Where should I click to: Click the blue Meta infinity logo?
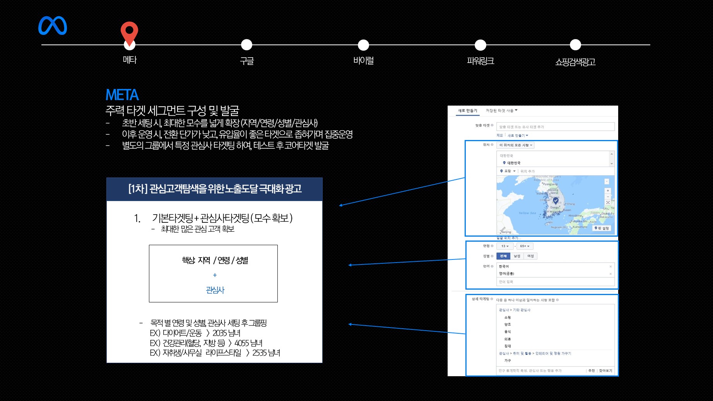(x=53, y=26)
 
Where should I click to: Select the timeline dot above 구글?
(x=246, y=45)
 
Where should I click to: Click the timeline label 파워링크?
(x=480, y=61)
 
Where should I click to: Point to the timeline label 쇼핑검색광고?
(x=575, y=62)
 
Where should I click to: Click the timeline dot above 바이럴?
(x=363, y=45)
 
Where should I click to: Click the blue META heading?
(x=122, y=95)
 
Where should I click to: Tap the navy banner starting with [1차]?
(x=214, y=189)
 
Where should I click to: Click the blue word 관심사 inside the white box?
(x=215, y=290)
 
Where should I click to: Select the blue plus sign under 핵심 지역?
(x=215, y=275)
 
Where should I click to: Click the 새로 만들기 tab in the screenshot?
(x=467, y=111)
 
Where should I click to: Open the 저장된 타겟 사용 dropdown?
(x=501, y=111)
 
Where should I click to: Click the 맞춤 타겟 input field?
(x=555, y=127)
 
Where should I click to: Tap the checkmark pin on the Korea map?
(x=556, y=200)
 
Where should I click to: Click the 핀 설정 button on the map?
(x=602, y=228)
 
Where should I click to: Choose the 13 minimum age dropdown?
(x=505, y=246)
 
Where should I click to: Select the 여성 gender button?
(x=530, y=256)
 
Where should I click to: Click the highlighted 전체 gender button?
(x=503, y=256)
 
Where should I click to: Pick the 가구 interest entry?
(x=508, y=360)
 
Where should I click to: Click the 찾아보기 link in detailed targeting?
(x=605, y=370)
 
